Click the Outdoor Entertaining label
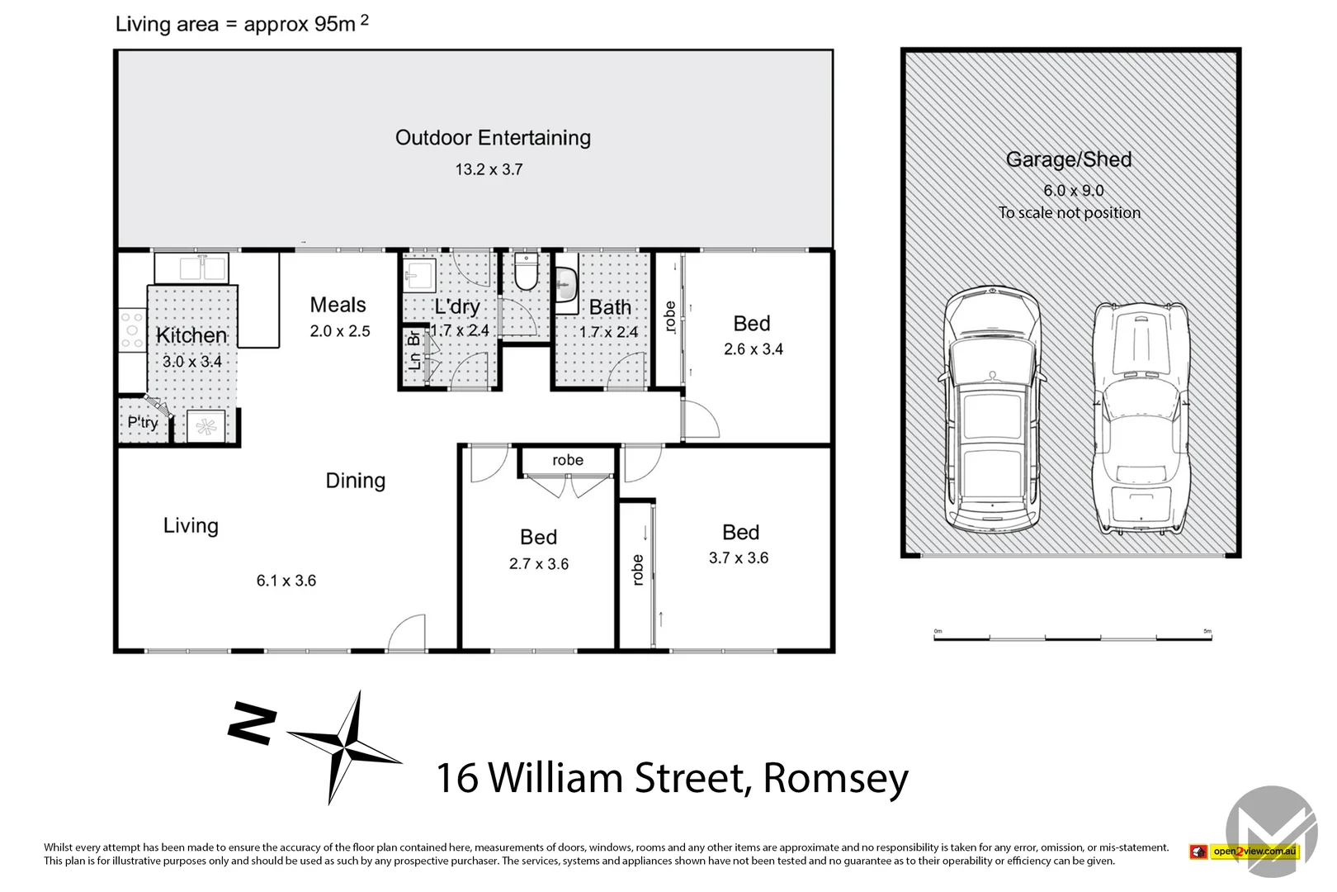[x=493, y=138]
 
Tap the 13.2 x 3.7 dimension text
[x=489, y=169]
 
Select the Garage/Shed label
[x=1068, y=159]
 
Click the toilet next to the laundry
[x=526, y=272]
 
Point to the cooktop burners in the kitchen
[x=131, y=330]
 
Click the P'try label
[x=142, y=423]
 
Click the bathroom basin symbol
[x=565, y=287]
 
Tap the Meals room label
[x=338, y=305]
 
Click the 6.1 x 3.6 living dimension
[x=286, y=581]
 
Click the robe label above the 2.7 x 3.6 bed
[x=568, y=460]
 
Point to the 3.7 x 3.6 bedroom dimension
[x=738, y=558]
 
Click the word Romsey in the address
[x=835, y=778]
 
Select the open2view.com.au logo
[x=1245, y=852]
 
